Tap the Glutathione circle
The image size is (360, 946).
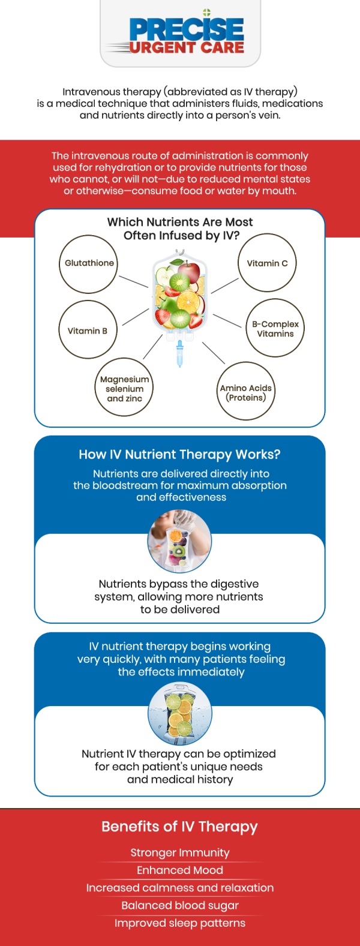click(89, 264)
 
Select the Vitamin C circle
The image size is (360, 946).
click(268, 263)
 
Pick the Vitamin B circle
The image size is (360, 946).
click(88, 330)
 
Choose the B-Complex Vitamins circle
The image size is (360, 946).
click(275, 328)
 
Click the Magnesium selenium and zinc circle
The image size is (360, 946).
click(124, 388)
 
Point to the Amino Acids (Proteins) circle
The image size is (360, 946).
click(246, 392)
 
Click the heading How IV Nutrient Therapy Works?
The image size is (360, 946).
click(179, 455)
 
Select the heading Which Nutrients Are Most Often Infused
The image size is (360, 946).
click(180, 229)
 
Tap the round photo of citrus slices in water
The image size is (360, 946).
click(179, 714)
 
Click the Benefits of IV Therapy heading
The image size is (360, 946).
click(179, 827)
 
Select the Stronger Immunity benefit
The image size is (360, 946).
click(180, 852)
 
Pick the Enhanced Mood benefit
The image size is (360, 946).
click(180, 870)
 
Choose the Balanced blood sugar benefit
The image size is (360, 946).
click(180, 905)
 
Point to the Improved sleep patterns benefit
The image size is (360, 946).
click(180, 923)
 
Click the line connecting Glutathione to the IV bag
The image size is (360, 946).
click(133, 281)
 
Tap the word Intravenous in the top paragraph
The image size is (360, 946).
click(90, 92)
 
